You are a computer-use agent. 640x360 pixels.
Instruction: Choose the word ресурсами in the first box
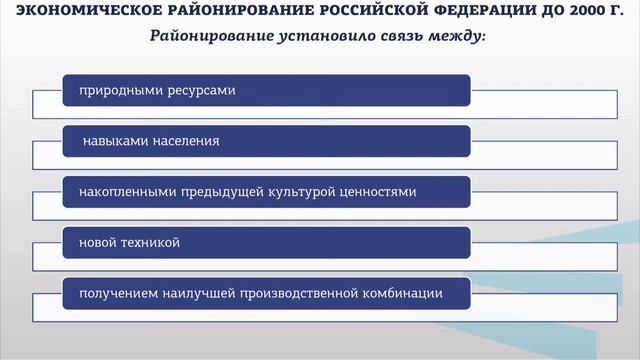pos(199,90)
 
